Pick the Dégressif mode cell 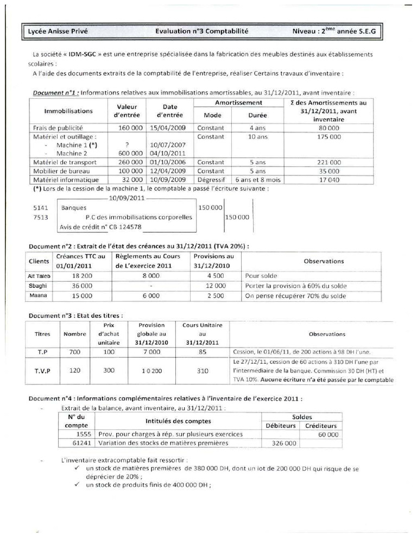click(x=211, y=179)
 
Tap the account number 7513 click(x=41, y=217)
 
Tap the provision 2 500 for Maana click(x=213, y=296)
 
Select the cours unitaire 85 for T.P click(x=201, y=351)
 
